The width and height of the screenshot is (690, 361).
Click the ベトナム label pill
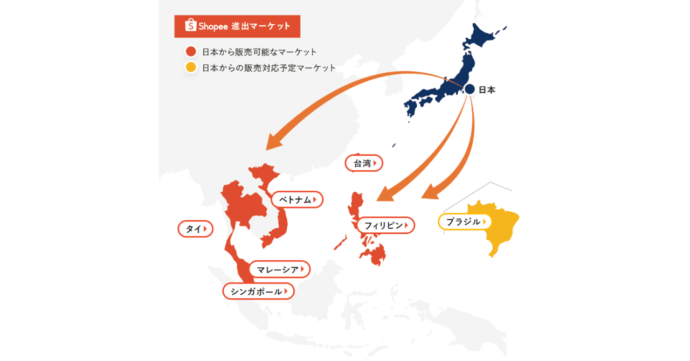point(297,200)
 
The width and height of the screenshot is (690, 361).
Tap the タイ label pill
point(195,229)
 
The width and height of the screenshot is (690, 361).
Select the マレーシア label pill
point(280,269)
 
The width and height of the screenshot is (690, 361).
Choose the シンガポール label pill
point(259,291)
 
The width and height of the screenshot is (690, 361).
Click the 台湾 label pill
point(364,163)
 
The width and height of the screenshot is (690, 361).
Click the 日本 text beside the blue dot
point(487,90)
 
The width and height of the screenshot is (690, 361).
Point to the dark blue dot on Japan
point(470,89)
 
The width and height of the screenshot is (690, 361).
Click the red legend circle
point(190,52)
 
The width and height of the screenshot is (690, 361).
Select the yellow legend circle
point(190,67)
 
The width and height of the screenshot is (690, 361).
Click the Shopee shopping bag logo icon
point(190,25)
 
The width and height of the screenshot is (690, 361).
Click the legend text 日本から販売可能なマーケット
point(259,52)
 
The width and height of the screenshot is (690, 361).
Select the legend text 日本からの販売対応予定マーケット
point(268,68)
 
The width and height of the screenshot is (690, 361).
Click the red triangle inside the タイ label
point(205,229)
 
